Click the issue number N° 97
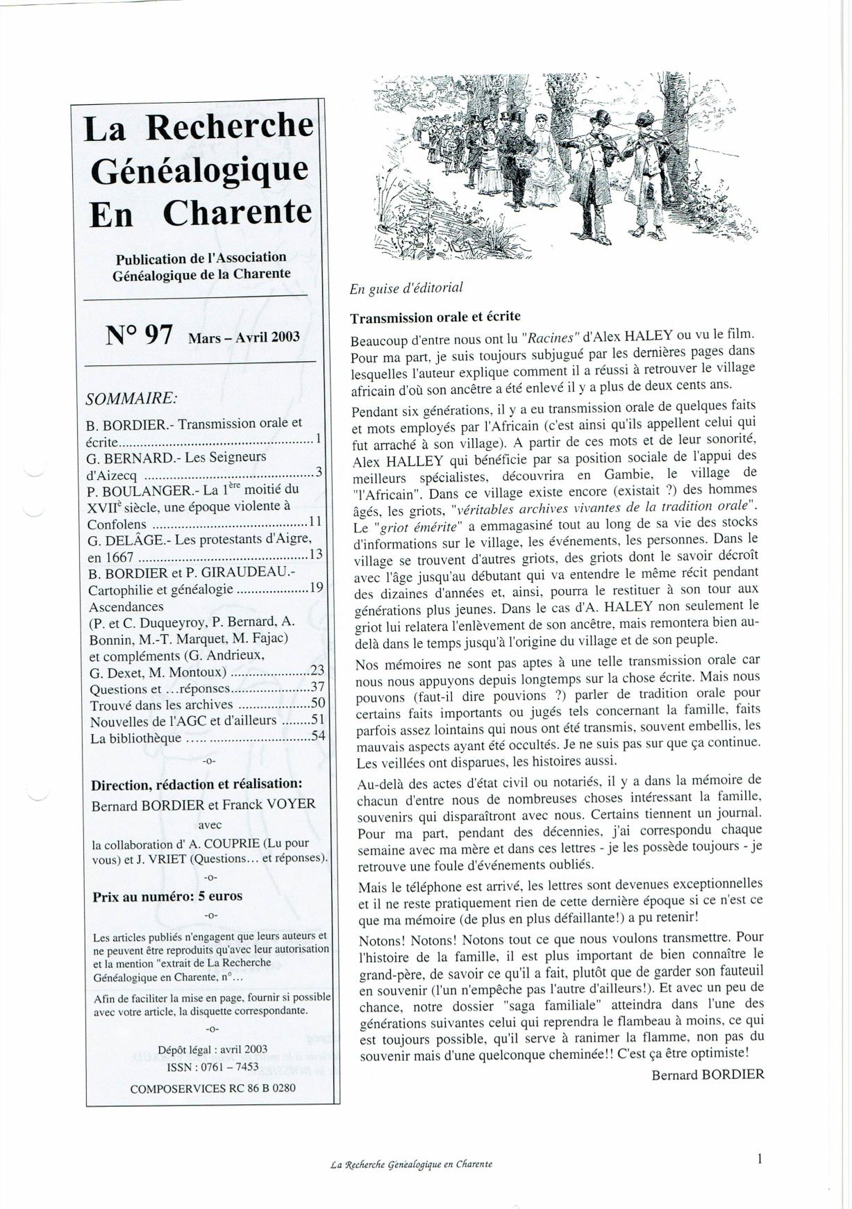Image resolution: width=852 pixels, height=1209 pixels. (x=139, y=335)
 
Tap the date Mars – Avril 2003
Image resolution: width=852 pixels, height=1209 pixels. (x=244, y=337)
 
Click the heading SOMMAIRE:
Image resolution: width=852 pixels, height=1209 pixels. (x=131, y=399)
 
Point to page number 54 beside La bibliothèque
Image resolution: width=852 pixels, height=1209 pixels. (x=318, y=736)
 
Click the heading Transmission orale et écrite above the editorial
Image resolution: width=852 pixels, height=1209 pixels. (x=435, y=317)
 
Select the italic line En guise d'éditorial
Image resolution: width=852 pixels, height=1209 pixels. (x=406, y=287)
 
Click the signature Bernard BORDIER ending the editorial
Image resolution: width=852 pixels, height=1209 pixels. (x=708, y=1074)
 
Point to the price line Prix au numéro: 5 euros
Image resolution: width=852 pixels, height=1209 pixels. (x=167, y=897)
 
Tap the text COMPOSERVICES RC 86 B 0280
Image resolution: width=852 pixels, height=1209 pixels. (x=212, y=1088)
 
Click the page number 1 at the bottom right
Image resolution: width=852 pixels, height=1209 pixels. (x=760, y=1158)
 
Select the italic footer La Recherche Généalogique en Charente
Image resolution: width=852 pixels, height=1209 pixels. (x=412, y=1165)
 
